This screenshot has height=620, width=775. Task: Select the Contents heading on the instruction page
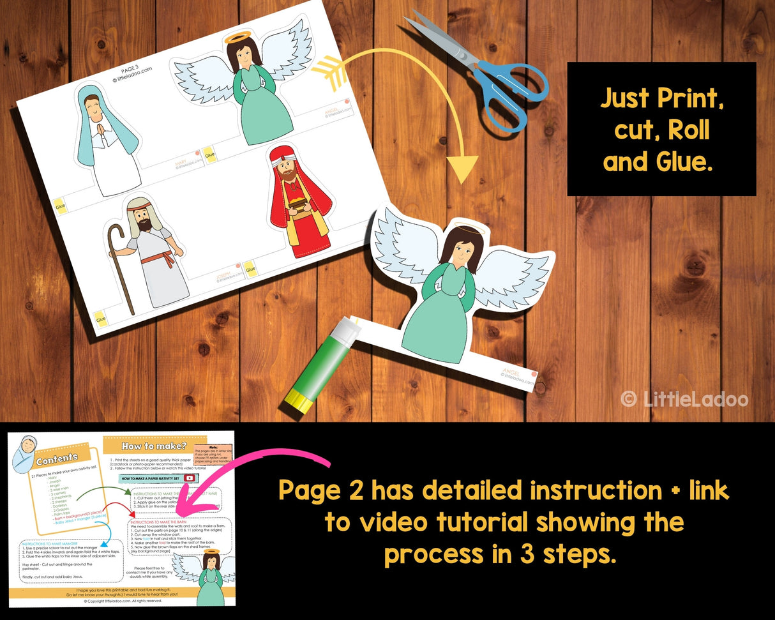tap(57, 459)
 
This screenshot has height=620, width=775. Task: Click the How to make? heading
tap(146, 445)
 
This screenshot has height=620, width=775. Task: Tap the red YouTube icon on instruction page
tap(189, 478)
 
